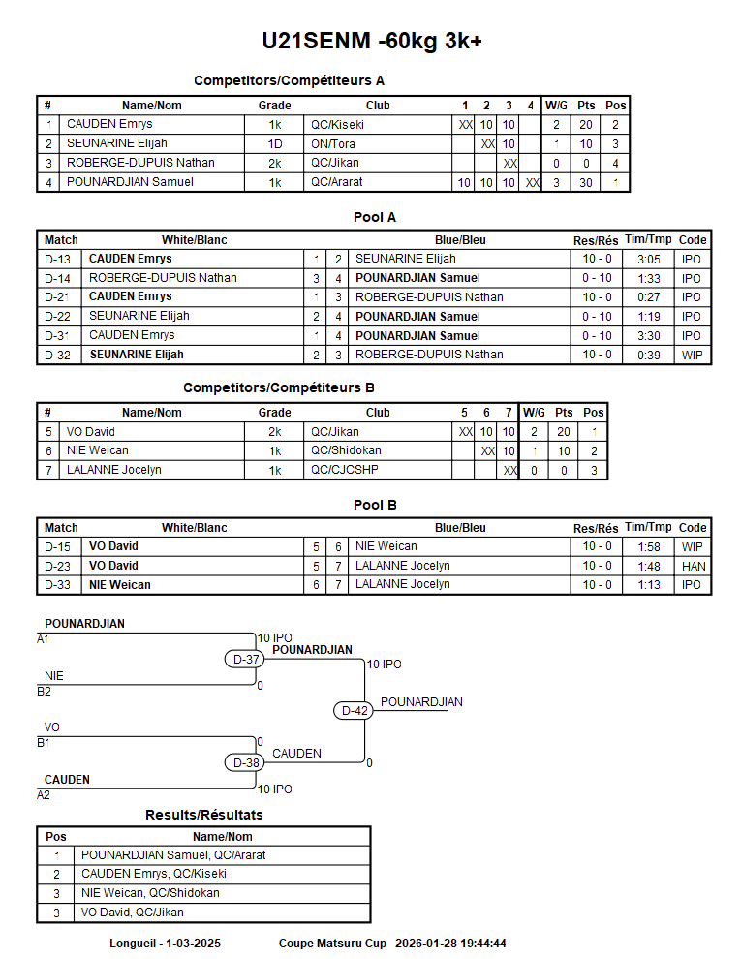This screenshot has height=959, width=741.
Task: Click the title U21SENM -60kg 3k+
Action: [x=372, y=41]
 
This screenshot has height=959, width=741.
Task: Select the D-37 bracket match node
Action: [x=247, y=660]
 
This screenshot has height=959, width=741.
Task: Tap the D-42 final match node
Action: [x=355, y=710]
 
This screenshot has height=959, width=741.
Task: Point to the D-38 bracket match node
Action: [x=247, y=762]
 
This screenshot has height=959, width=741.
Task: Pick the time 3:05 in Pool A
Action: [x=648, y=259]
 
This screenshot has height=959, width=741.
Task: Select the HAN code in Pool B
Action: [x=694, y=566]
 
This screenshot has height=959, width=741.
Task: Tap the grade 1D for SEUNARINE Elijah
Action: [x=275, y=143]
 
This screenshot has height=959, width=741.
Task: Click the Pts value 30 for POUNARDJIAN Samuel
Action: [x=586, y=182]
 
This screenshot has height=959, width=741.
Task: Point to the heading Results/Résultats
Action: [x=203, y=815]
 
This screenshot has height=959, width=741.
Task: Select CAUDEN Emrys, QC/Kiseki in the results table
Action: [x=154, y=874]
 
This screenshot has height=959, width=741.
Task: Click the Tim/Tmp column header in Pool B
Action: [x=648, y=528]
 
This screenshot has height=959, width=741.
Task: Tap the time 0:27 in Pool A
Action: [x=648, y=296]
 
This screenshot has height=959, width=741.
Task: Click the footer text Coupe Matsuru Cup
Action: [x=332, y=943]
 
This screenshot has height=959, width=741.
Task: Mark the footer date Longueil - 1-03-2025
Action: [x=166, y=943]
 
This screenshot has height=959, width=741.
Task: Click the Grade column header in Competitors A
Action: [x=275, y=106]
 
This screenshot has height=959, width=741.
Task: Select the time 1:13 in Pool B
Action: [x=648, y=584]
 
